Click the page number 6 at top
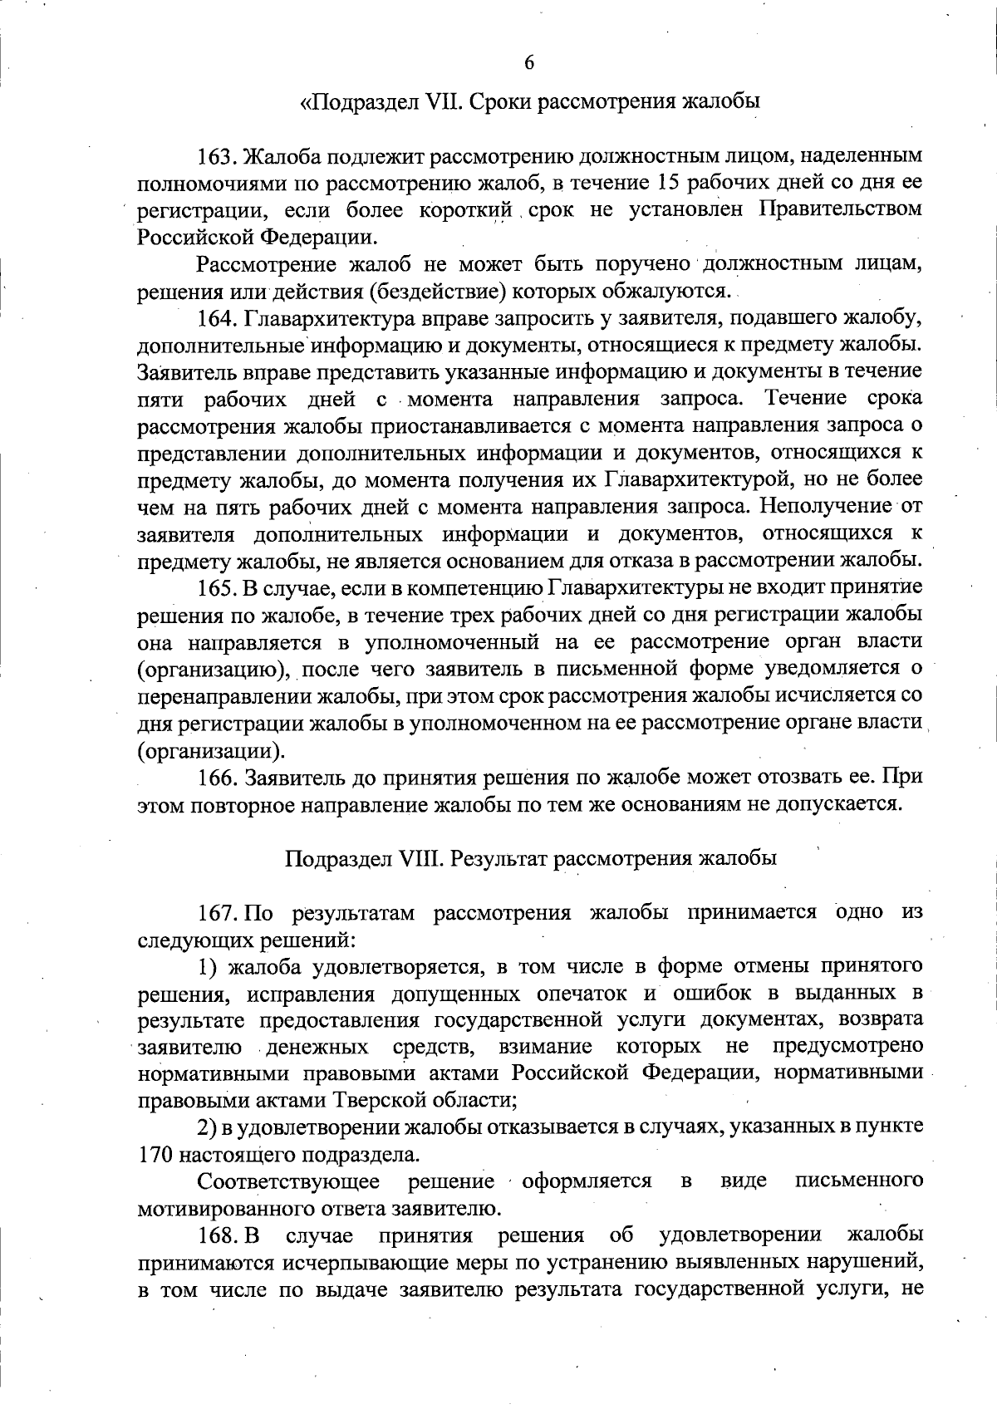[528, 63]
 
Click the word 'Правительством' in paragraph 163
[841, 209]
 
